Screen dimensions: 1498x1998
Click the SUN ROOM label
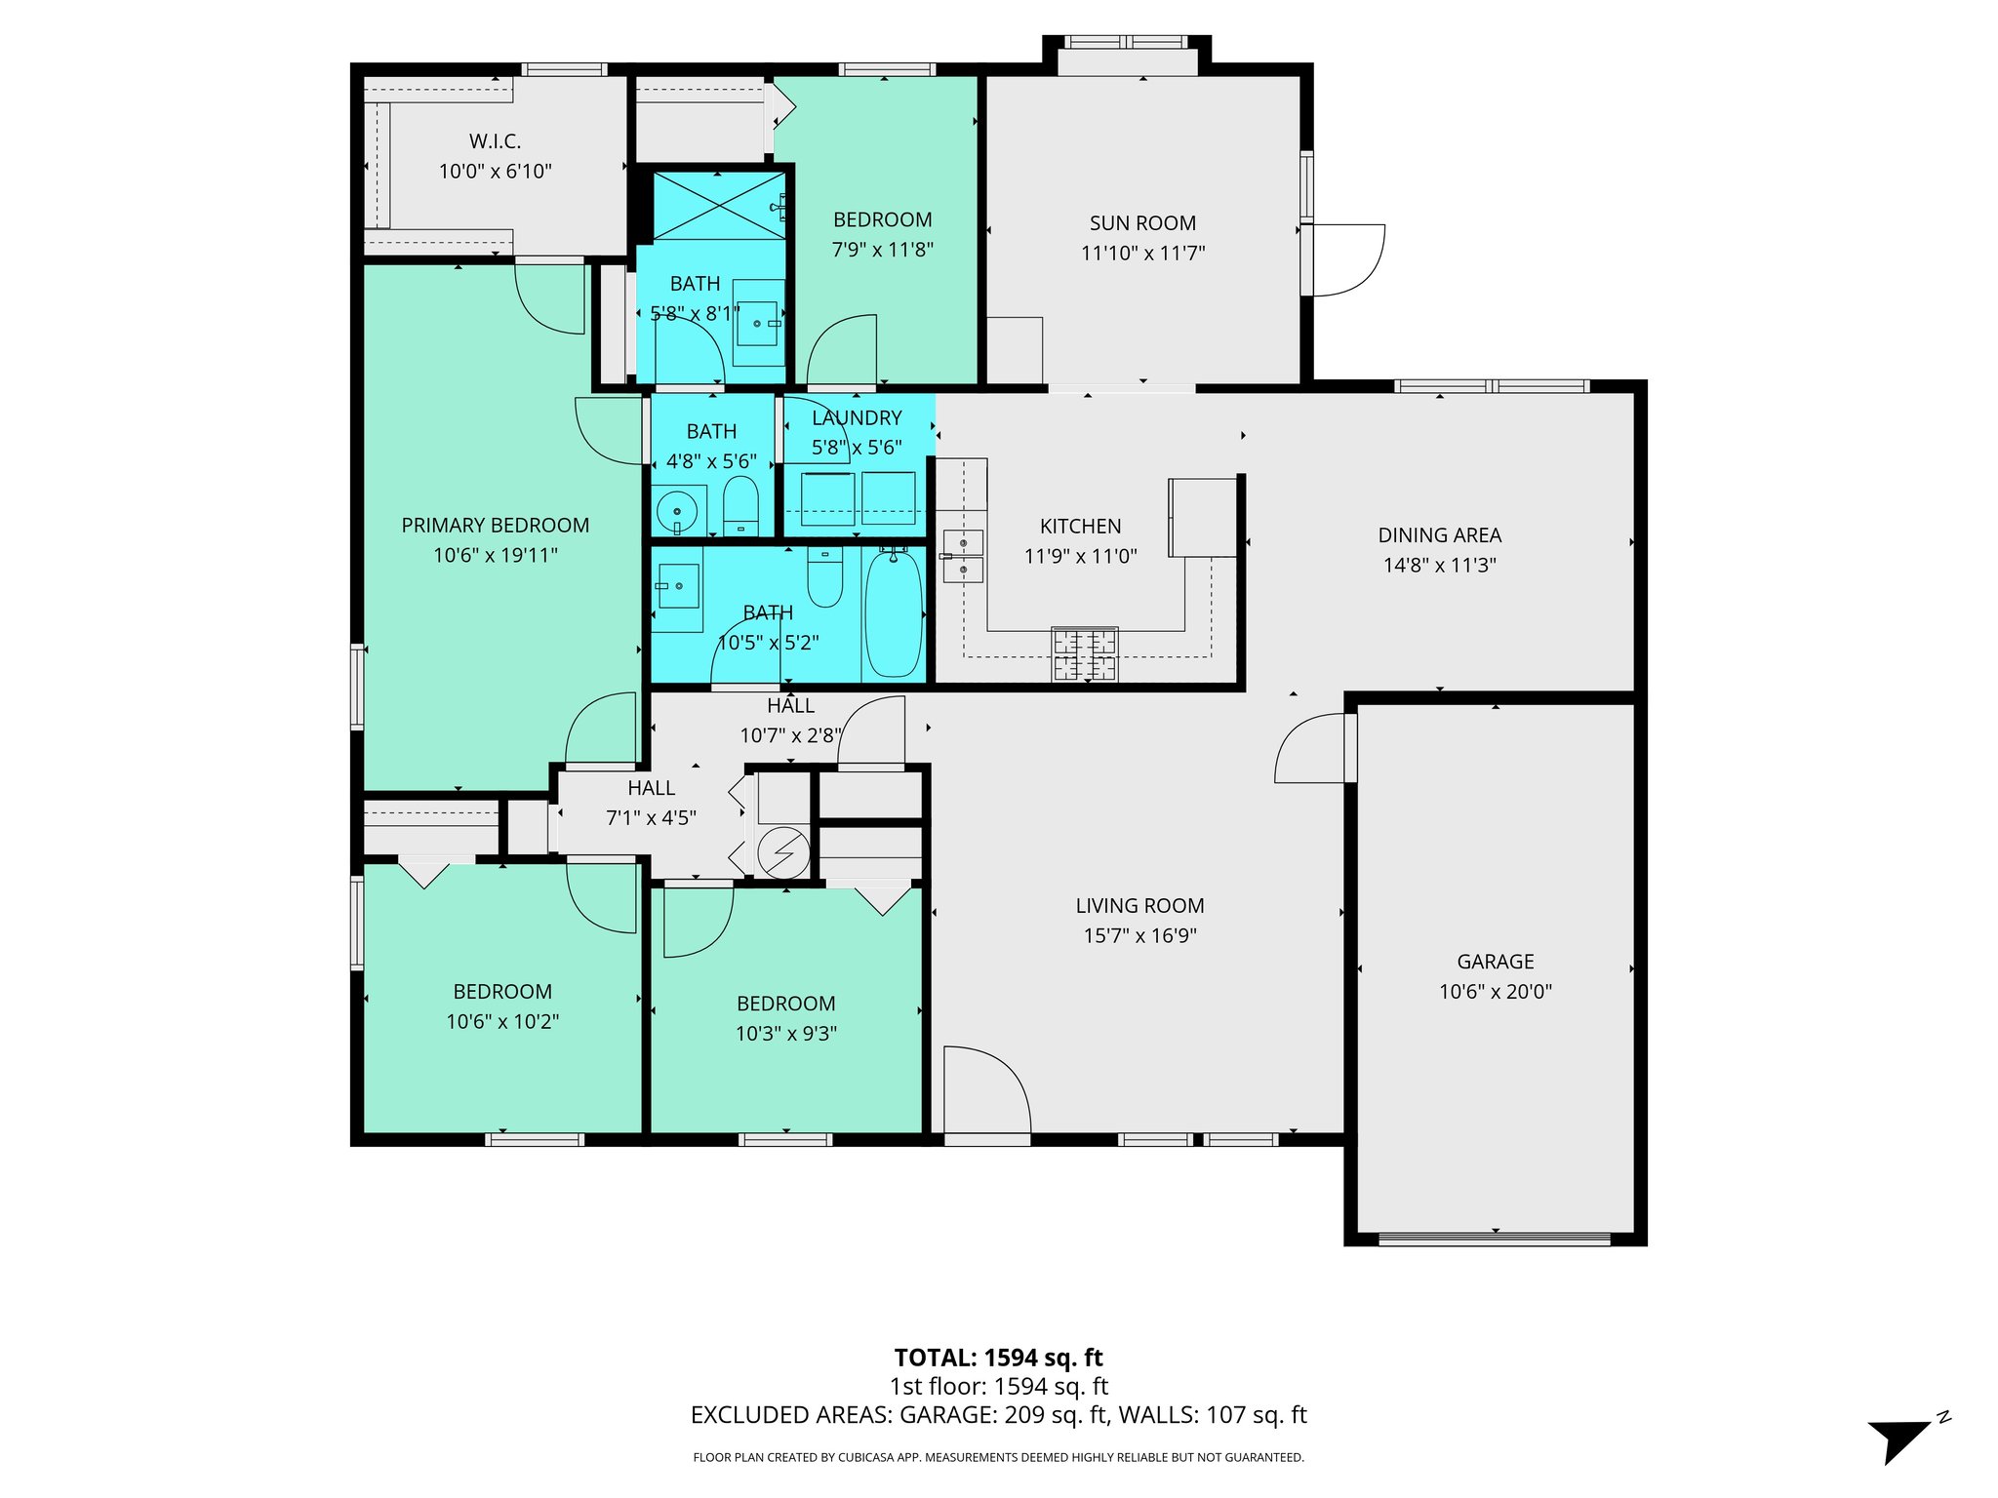[1142, 223]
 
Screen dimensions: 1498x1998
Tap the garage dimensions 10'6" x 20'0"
[1495, 992]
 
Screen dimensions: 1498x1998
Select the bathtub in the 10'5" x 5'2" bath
[894, 612]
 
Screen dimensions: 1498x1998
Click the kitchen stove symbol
[1084, 654]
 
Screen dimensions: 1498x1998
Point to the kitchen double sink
[963, 556]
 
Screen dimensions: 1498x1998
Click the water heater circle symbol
[783, 852]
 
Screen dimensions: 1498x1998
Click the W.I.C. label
[495, 141]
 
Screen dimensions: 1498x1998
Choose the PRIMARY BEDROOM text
[495, 526]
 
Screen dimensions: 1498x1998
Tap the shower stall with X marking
[718, 205]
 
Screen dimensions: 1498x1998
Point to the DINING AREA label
[1439, 535]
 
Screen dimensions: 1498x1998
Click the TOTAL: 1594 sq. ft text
[998, 1358]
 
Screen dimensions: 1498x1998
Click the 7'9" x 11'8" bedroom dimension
[882, 250]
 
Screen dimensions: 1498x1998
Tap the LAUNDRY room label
[857, 418]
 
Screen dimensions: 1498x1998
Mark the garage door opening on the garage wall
[1494, 1240]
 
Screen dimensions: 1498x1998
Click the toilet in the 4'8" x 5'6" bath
[740, 505]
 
